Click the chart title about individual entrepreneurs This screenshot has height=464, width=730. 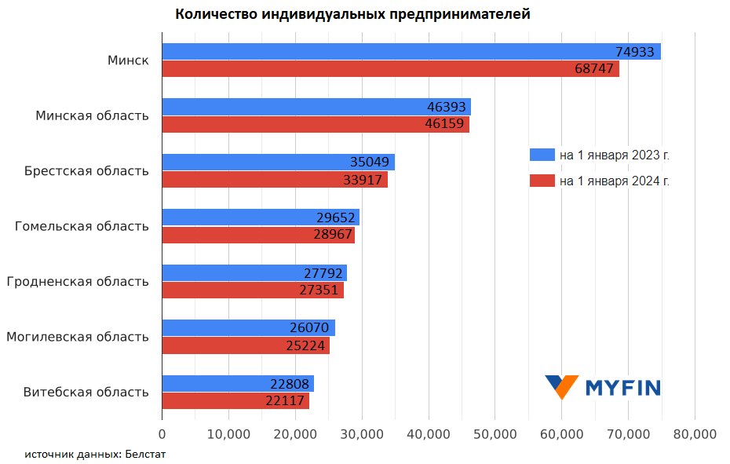pos(352,14)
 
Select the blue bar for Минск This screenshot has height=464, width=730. pos(392,52)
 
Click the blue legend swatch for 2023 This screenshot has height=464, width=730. pos(542,155)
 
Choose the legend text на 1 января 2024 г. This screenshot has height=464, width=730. pos(615,181)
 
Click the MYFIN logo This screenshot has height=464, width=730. pos(602,386)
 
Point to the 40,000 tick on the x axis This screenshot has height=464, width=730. pos(429,433)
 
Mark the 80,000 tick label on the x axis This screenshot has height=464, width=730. pos(695,433)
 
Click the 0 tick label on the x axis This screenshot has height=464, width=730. pos(162,433)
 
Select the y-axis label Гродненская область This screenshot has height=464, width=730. pos(77,281)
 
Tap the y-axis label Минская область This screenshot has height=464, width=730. pos(92,115)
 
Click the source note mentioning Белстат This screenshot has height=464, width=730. pos(95,454)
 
